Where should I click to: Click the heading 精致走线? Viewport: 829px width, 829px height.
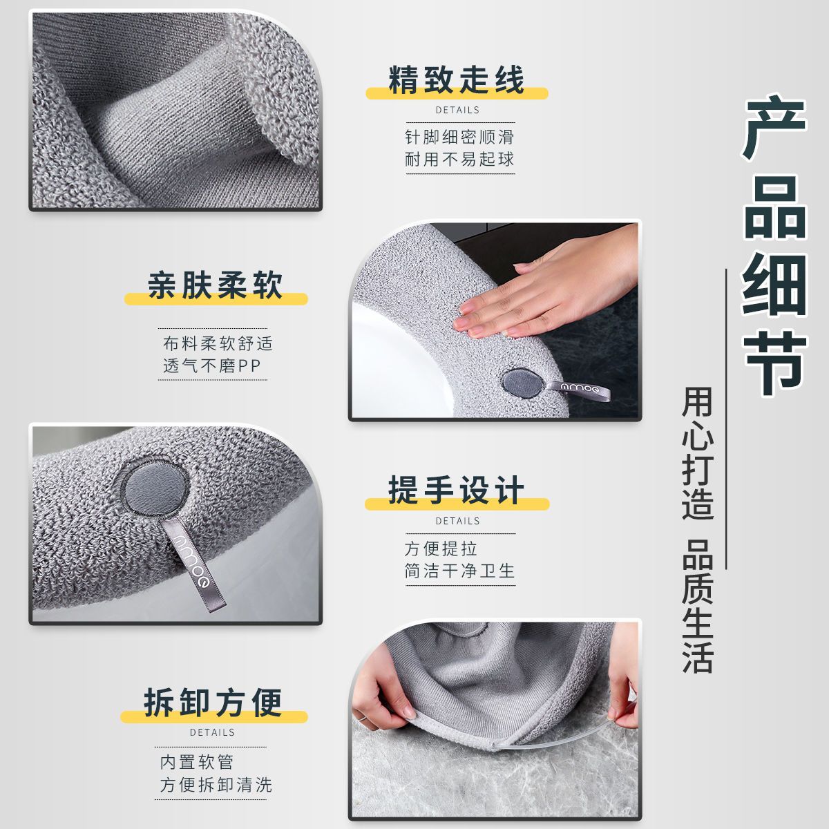(457, 79)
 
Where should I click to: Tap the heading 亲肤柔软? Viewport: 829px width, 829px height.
(215, 285)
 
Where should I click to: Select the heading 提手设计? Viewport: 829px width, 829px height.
(457, 490)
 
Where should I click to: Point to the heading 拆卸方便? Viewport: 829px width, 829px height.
(213, 702)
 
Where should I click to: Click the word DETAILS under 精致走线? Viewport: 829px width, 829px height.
(457, 110)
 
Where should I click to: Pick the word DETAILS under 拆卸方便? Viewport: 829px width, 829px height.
(212, 732)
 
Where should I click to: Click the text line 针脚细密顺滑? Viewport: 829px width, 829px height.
(459, 137)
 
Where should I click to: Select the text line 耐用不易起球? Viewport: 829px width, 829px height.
(459, 160)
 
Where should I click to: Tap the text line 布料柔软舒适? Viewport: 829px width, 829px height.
(218, 343)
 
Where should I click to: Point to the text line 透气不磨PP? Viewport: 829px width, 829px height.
(212, 365)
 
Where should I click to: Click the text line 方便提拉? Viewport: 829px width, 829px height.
(441, 549)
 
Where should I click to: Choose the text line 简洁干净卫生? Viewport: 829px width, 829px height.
(459, 571)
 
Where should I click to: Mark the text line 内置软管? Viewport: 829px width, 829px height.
(197, 762)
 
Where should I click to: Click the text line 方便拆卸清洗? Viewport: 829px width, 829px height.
(216, 785)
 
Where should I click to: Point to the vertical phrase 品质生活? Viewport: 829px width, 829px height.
(697, 606)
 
